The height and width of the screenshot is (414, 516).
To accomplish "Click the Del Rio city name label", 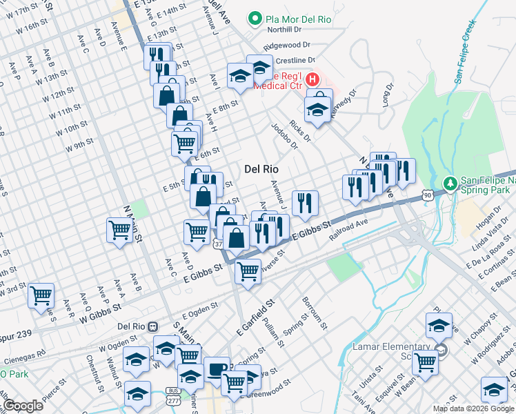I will click(x=261, y=169).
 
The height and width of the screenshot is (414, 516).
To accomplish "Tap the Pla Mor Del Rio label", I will click(x=298, y=19).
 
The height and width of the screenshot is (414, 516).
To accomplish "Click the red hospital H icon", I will click(x=312, y=80).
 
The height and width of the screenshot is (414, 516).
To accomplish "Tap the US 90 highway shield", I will click(x=428, y=197).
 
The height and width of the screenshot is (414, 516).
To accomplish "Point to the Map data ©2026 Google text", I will click(x=473, y=408).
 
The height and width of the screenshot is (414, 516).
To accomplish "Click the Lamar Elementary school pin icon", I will click(x=442, y=351).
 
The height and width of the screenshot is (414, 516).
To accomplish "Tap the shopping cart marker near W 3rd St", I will click(x=41, y=296).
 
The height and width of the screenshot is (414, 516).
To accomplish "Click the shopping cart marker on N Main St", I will click(x=120, y=230).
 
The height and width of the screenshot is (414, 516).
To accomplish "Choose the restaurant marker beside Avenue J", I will click(x=304, y=203).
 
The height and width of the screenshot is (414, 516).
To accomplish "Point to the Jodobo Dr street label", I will click(x=284, y=136).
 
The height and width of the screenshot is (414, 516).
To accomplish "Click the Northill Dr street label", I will click(x=284, y=30).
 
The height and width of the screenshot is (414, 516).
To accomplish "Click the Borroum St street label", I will click(x=313, y=312).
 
